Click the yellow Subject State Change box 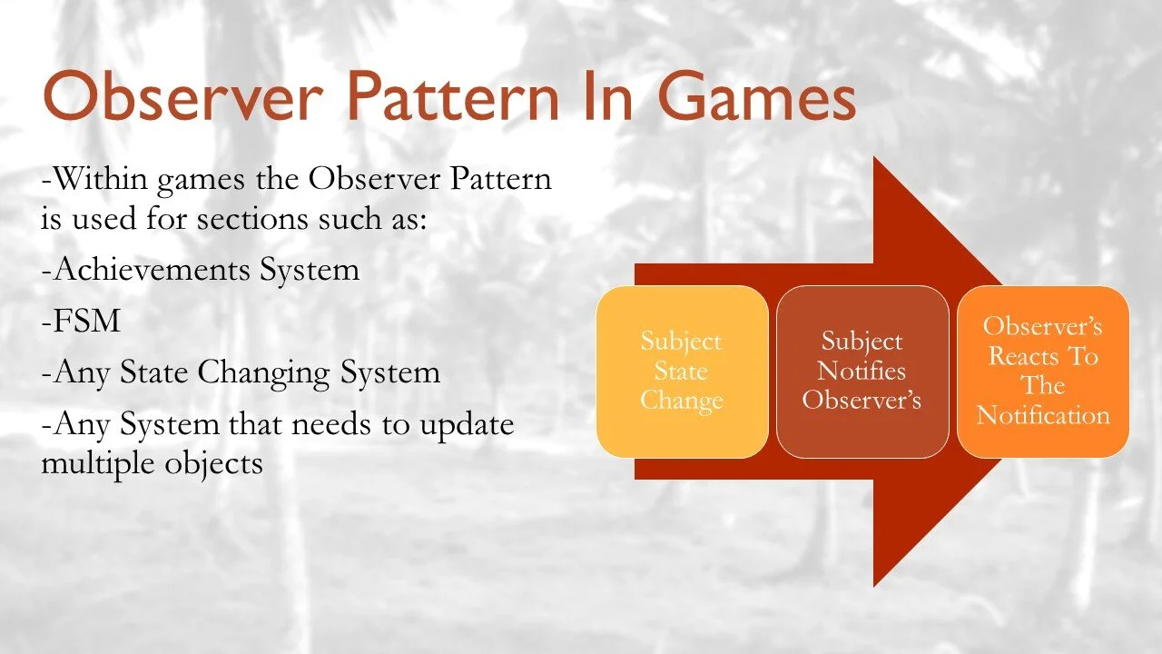tap(682, 372)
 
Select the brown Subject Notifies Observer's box tap(862, 372)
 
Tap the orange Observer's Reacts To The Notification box tap(1043, 372)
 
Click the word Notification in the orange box tap(1043, 415)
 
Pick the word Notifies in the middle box tap(862, 371)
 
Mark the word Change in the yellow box tap(682, 401)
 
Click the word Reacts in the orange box tap(1028, 356)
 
